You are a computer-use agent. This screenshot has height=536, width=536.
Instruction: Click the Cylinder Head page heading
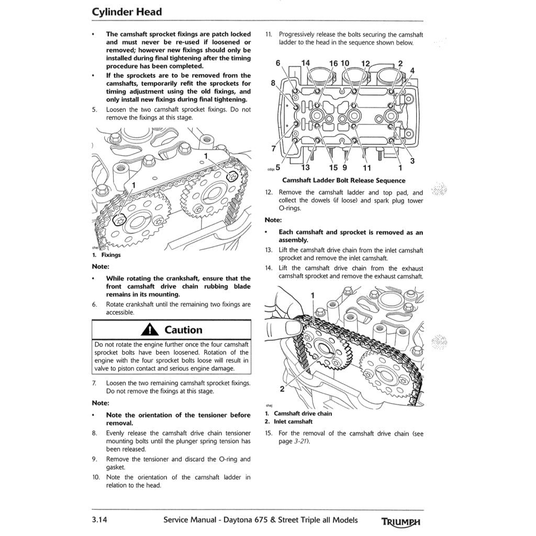(x=127, y=12)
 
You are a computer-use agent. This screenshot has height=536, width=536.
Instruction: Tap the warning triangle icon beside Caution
(x=150, y=330)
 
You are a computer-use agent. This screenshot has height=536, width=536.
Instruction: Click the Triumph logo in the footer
(x=401, y=521)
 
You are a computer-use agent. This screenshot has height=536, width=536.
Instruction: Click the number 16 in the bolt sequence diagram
(x=333, y=63)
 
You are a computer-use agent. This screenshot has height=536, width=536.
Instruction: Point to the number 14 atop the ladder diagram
(x=305, y=63)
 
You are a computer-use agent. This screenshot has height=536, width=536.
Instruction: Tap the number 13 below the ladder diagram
(x=305, y=168)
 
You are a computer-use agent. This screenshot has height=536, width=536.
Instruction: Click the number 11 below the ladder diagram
(x=367, y=168)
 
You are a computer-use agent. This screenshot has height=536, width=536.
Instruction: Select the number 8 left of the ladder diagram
(x=273, y=83)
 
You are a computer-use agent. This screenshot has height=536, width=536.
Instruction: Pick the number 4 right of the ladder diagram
(x=412, y=71)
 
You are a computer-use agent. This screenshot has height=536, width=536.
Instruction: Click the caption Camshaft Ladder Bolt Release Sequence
(x=343, y=181)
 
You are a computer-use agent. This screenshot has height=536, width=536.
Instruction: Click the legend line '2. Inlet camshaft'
(x=288, y=421)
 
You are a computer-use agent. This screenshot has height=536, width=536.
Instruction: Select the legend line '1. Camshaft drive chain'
(x=298, y=413)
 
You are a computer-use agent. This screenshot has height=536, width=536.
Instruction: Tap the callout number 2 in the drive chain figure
(x=282, y=389)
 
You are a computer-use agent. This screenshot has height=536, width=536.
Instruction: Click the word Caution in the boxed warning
(x=183, y=330)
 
